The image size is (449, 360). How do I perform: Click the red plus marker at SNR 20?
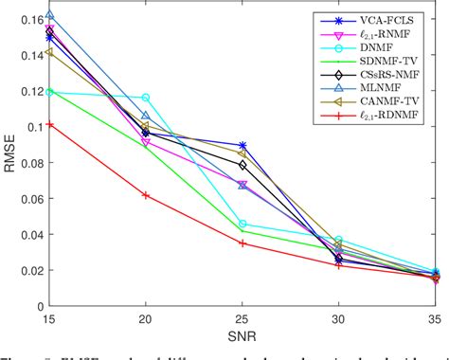pos(146,195)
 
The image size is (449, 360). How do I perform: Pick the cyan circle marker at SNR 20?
pos(146,98)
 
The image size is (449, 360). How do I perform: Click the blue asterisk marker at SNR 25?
pos(243,145)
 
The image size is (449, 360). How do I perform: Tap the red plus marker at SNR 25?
pos(243,243)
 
